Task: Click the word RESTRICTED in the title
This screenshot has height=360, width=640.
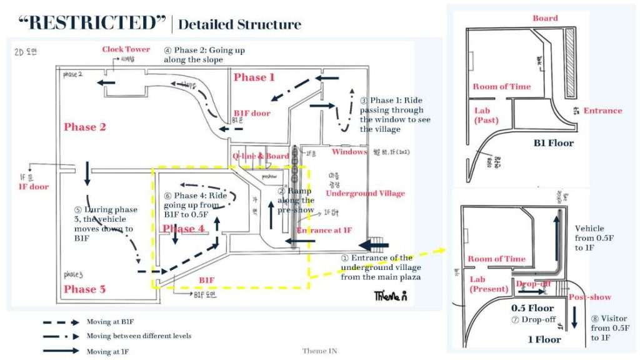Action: pos(94,23)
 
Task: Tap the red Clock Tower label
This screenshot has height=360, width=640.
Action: pos(126,49)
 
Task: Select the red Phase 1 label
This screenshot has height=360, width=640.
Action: pos(254,77)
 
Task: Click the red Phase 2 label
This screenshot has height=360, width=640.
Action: pos(85,127)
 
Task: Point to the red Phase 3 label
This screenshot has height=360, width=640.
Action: pos(84,289)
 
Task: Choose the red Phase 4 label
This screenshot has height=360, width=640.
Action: pos(183,229)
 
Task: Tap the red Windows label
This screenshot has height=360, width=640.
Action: pos(349,152)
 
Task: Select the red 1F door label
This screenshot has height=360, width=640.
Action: pos(33,186)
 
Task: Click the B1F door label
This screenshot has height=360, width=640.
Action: pos(252,113)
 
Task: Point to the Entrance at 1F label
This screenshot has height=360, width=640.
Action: pos(324,231)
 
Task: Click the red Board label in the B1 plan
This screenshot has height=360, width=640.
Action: pos(545,18)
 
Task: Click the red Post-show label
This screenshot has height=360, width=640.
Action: pos(590,297)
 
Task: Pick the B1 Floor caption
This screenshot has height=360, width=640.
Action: pos(553,143)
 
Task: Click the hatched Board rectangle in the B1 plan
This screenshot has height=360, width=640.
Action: pos(571,63)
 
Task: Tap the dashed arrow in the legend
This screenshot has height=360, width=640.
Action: pos(61,322)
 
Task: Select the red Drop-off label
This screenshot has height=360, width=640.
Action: pos(533,284)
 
